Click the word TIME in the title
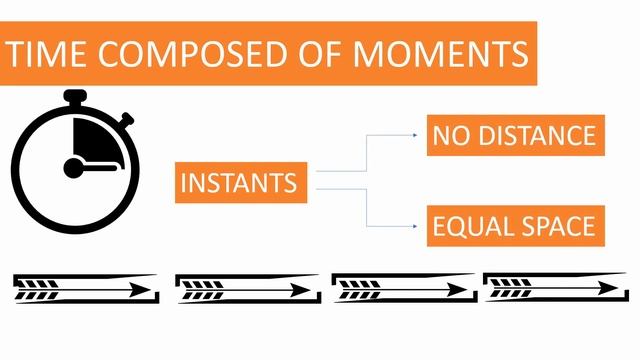(46, 54)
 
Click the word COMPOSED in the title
(192, 54)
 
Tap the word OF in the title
(319, 54)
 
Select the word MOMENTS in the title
(441, 54)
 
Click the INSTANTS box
(241, 182)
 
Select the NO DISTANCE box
(516, 136)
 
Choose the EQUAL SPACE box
(516, 226)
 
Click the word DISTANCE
(537, 136)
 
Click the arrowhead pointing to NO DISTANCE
(415, 135)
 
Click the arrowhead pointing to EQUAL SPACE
(415, 226)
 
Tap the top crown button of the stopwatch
(75, 97)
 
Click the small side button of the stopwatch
(127, 119)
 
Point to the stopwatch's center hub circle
(73, 168)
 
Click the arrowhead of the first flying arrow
(140, 291)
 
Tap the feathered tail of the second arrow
(202, 290)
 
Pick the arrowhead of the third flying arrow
(457, 290)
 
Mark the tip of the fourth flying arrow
(618, 289)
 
